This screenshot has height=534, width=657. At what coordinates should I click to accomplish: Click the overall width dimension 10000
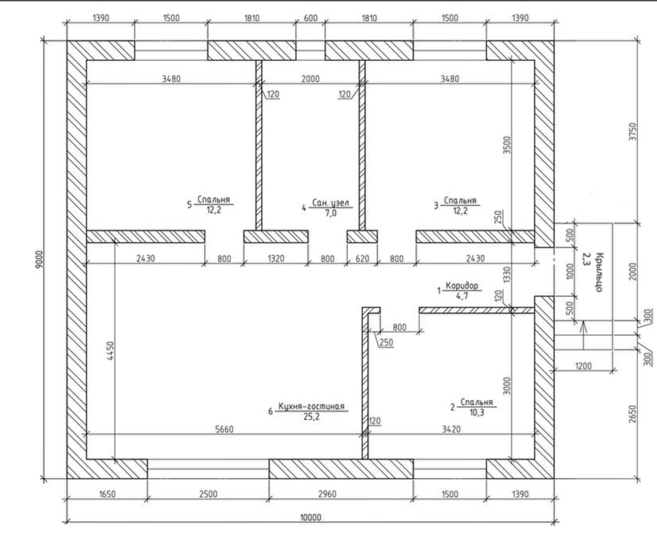(x=311, y=517)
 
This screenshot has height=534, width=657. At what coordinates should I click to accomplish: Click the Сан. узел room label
(x=330, y=203)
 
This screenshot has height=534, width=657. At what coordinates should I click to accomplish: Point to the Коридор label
(x=461, y=286)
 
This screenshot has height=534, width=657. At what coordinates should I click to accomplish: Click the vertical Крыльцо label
(x=599, y=272)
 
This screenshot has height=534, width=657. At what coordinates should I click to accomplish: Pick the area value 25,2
(x=311, y=417)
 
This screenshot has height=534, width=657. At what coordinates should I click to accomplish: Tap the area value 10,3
(x=476, y=413)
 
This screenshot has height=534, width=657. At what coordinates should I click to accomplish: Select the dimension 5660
(x=224, y=429)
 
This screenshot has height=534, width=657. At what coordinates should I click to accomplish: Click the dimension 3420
(x=451, y=429)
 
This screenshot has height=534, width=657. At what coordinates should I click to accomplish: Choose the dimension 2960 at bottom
(x=327, y=494)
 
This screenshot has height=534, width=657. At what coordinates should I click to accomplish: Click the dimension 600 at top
(x=311, y=18)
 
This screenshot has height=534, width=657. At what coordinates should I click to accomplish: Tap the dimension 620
(x=362, y=258)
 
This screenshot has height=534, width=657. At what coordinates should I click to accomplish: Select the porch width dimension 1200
(x=583, y=366)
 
